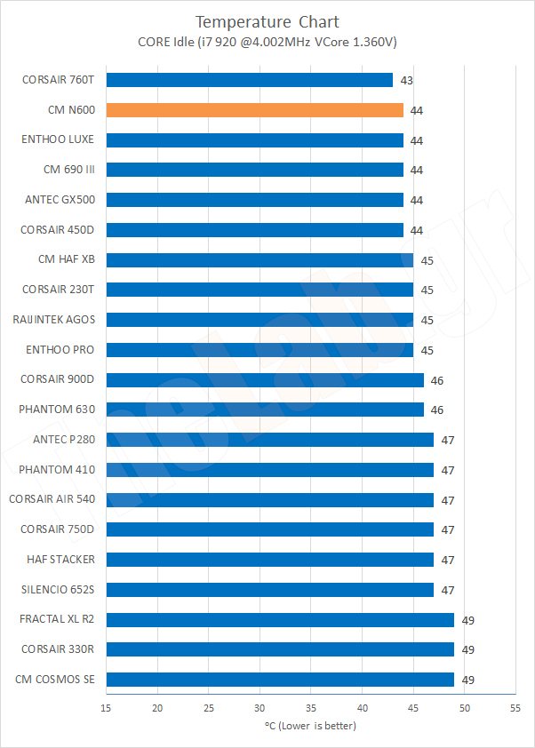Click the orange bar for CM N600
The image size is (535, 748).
pos(254,110)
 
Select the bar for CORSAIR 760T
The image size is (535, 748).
pos(249,80)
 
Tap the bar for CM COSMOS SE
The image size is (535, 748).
pos(280,680)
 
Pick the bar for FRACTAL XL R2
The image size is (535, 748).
pos(280,619)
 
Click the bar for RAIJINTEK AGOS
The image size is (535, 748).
pos(260,320)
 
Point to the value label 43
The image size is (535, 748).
pos(406,80)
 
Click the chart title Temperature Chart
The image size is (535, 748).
pos(267,21)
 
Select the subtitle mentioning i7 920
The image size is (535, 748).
pos(267,41)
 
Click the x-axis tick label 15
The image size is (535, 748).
pos(107,708)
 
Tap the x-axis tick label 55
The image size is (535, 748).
pos(515,708)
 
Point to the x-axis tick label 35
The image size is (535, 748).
pos(311,708)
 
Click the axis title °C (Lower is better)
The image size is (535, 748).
pos(310,726)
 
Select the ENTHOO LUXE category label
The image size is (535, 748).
pos(58,139)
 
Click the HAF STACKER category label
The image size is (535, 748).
pos(61,560)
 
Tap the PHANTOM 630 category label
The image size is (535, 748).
pos(57,410)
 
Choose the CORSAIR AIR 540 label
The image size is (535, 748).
pos(52,499)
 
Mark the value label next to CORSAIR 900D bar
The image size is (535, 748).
pos(436,380)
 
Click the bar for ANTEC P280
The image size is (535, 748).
pos(269,440)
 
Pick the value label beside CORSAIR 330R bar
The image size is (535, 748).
pos(467,649)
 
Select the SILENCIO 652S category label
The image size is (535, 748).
pos(59,590)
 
